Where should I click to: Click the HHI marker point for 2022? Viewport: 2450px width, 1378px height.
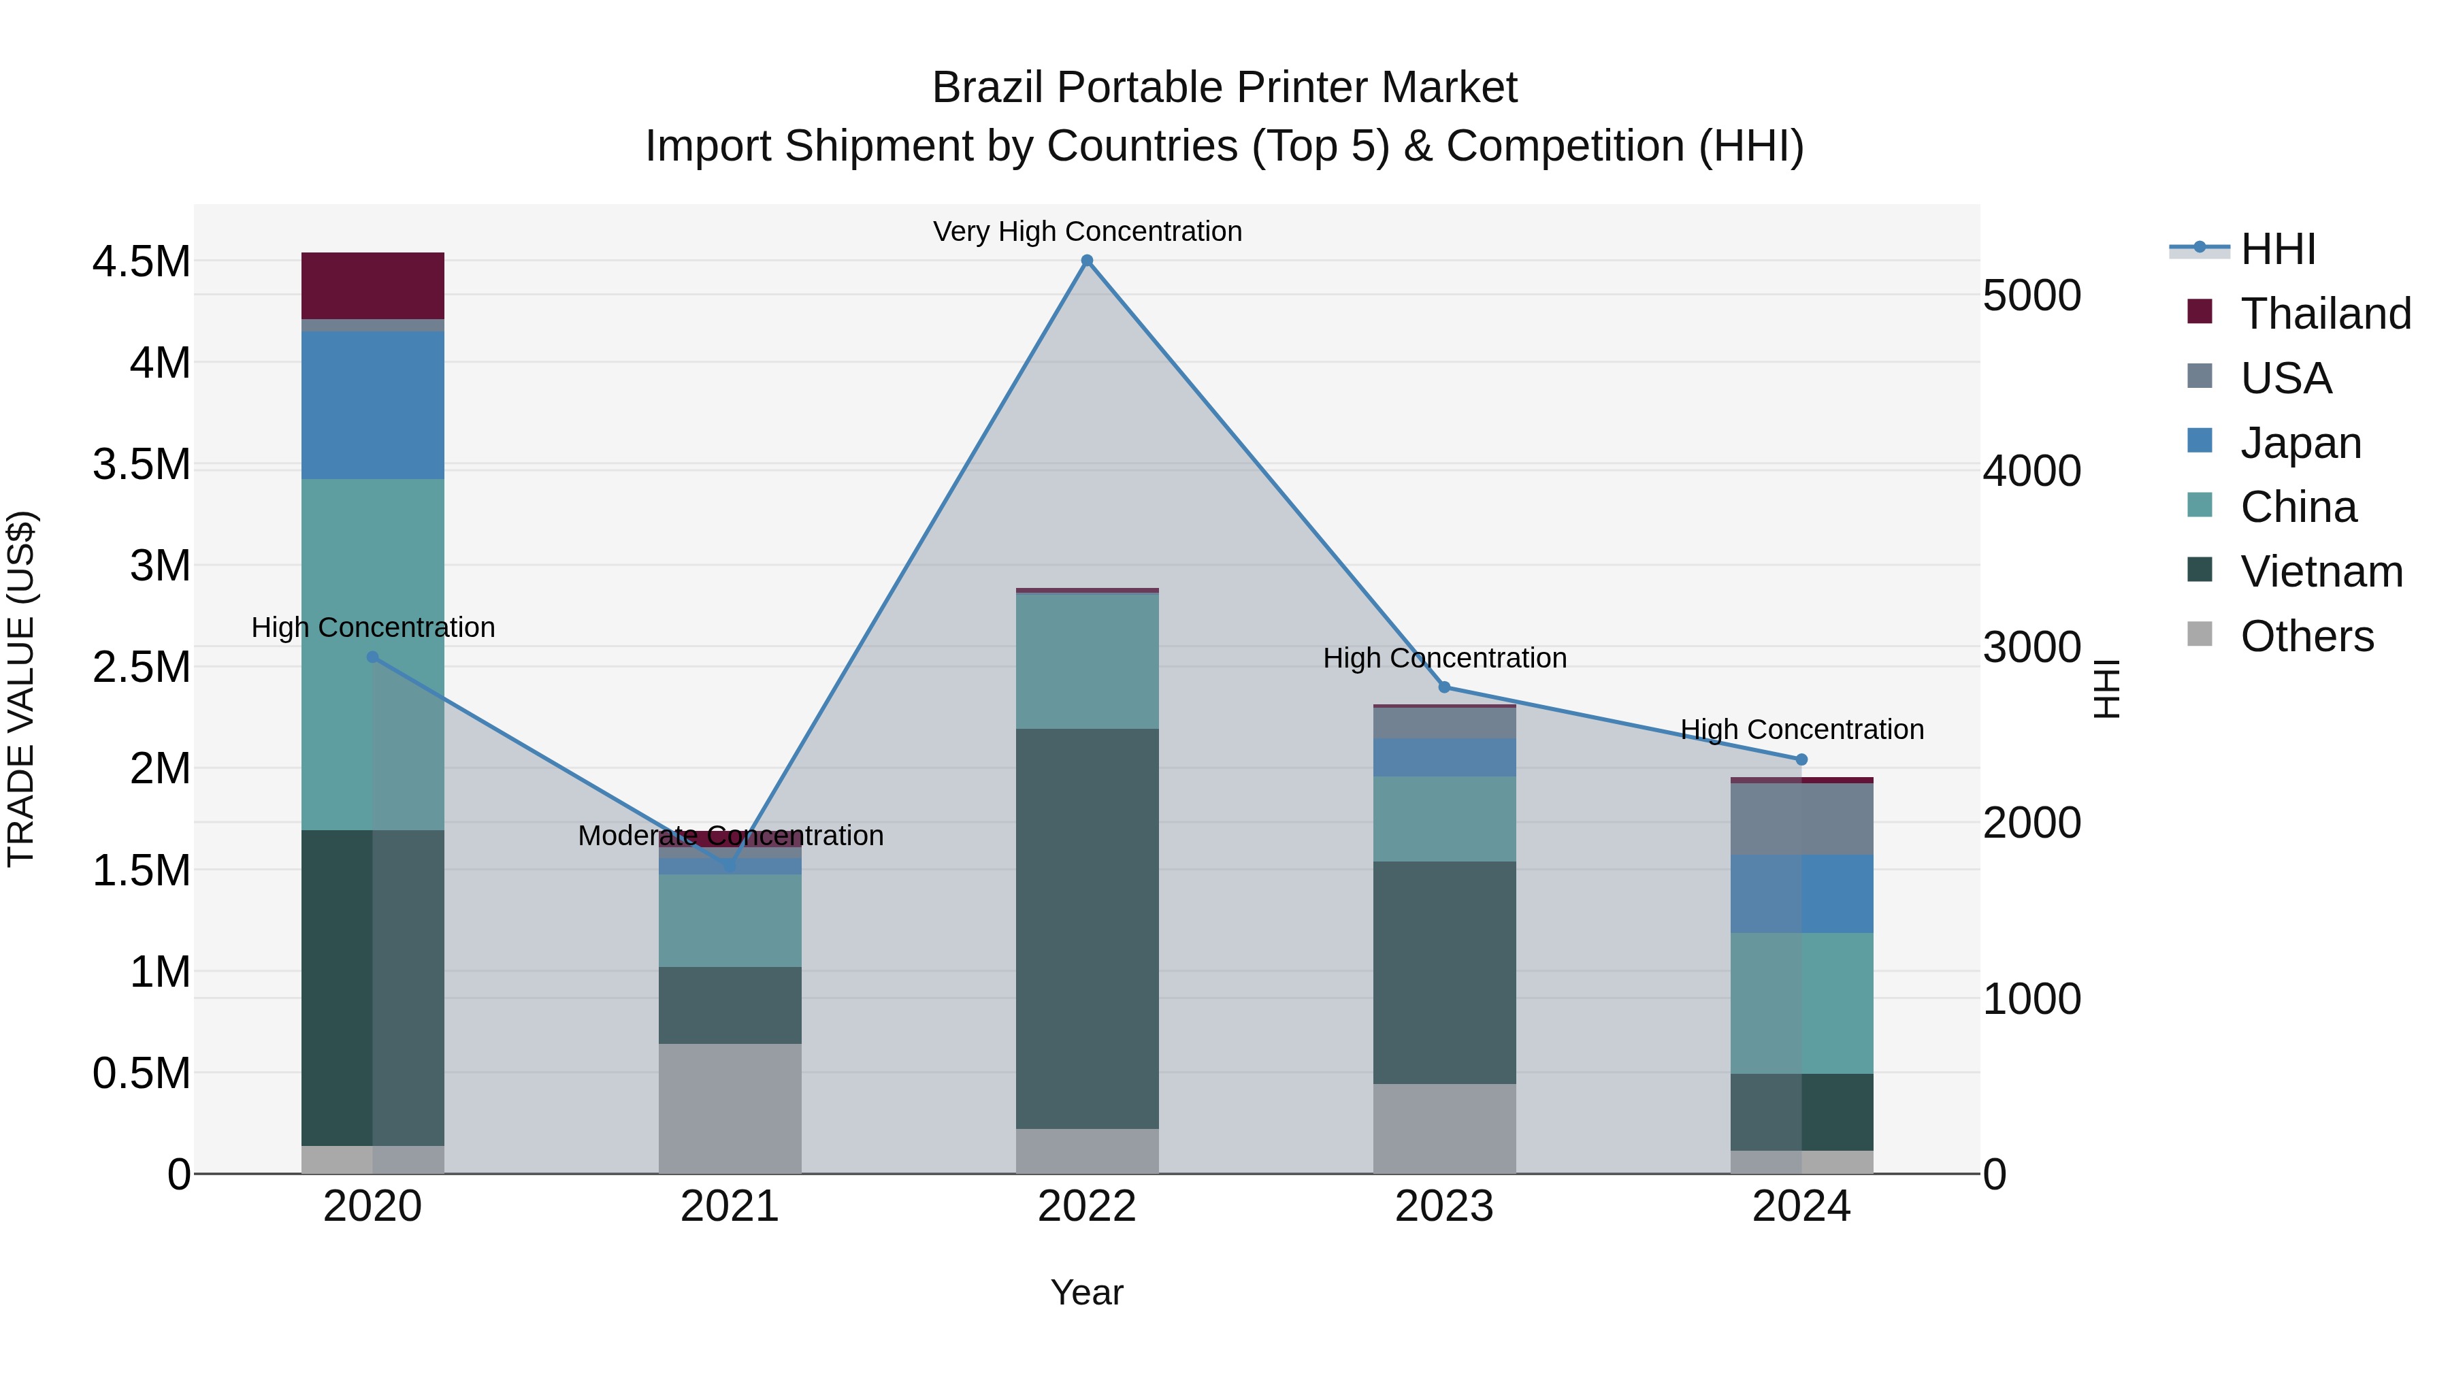pyautogui.click(x=1087, y=261)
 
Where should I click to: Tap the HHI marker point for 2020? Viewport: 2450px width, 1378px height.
pyautogui.click(x=373, y=657)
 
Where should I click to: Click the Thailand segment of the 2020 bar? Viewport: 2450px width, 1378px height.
pyautogui.click(x=373, y=285)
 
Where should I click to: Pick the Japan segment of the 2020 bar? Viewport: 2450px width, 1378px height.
pyautogui.click(x=373, y=405)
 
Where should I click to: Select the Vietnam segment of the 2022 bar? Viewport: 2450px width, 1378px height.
pyautogui.click(x=1087, y=928)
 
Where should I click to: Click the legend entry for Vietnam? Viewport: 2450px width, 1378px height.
pyautogui.click(x=2321, y=572)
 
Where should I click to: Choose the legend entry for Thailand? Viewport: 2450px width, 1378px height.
pyautogui.click(x=2325, y=314)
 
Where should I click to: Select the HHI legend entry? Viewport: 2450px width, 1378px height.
pyautogui.click(x=2277, y=249)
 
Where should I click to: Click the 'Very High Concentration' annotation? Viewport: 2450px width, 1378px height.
pyautogui.click(x=1087, y=231)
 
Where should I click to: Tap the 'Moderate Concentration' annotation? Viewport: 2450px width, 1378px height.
pyautogui.click(x=730, y=835)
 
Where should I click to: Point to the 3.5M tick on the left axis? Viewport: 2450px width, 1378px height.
pyautogui.click(x=141, y=464)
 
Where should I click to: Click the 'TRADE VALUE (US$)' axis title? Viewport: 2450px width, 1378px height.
pyautogui.click(x=21, y=689)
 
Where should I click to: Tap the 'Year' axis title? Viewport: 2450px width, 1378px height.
pyautogui.click(x=1086, y=1292)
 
